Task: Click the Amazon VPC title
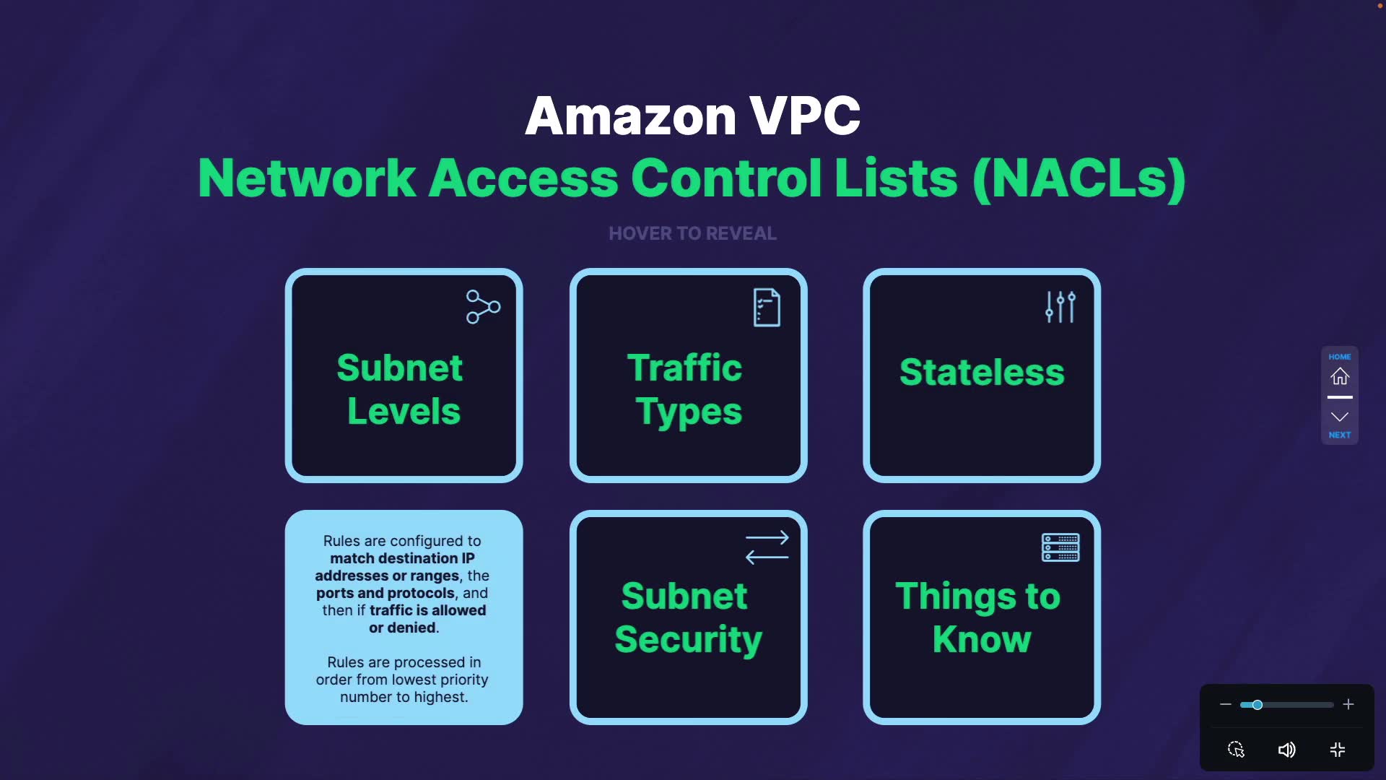point(692,116)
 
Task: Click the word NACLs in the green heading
point(1079,178)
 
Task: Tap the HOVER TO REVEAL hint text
point(692,233)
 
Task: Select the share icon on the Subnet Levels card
point(483,307)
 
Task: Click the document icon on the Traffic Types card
point(767,308)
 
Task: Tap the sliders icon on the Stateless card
point(1060,307)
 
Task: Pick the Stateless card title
point(982,372)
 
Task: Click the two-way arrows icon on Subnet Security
point(767,547)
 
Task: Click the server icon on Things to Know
point(1060,547)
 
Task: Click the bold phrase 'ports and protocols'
point(385,593)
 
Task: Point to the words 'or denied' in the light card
point(402,628)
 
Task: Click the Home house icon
point(1340,376)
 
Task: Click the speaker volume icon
point(1286,750)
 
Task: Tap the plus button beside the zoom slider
point(1348,704)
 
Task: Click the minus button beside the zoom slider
point(1225,704)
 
